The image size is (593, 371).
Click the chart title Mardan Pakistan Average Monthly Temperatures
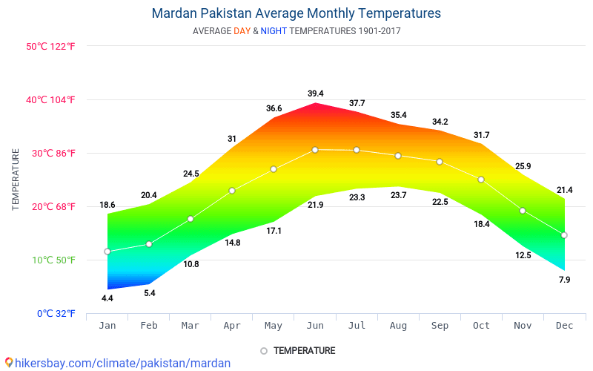tap(296, 13)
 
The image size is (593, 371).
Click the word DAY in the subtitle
tap(242, 31)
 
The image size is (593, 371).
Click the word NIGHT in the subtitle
tap(274, 31)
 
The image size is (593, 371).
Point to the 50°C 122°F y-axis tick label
tap(50, 46)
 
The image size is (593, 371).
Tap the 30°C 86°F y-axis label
tap(50, 153)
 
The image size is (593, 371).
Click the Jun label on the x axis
tap(316, 325)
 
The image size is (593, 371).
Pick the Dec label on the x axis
tap(564, 325)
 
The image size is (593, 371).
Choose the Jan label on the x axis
tap(107, 325)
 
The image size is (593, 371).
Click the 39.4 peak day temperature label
tap(316, 93)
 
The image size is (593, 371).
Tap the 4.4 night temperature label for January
tap(107, 298)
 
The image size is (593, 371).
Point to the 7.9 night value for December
tap(564, 280)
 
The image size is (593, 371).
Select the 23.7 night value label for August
tap(398, 195)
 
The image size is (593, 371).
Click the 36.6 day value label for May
tap(274, 108)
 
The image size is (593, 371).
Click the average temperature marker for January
tap(107, 252)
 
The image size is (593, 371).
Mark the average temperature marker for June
tap(315, 150)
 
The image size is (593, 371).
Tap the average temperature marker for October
tap(481, 180)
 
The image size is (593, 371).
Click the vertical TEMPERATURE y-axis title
tap(16, 180)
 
